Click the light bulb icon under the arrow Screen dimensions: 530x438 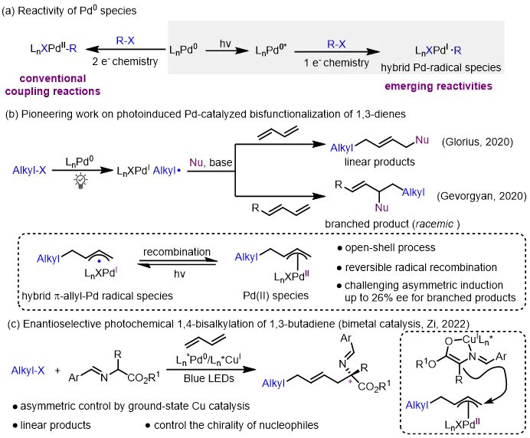[80, 181]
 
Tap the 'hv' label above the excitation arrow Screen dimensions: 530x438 [225, 43]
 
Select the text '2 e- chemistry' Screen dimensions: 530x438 [125, 61]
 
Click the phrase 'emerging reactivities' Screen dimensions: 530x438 [438, 87]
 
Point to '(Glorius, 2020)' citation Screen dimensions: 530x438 [477, 142]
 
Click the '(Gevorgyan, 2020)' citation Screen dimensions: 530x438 [482, 196]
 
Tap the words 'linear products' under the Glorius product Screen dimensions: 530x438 [380, 162]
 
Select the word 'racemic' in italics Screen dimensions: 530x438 [434, 224]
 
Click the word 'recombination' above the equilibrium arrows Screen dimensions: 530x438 [177, 252]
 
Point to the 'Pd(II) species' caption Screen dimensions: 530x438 [276, 296]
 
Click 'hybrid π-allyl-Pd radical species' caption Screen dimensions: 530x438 [97, 296]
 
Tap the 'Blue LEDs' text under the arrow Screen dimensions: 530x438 [209, 378]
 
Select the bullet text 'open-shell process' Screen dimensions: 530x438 [390, 248]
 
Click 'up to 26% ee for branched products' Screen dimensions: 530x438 [430, 297]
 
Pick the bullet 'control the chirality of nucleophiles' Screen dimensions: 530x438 [236, 425]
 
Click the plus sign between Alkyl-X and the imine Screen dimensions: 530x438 [57, 371]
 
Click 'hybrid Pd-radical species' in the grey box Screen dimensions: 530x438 [440, 67]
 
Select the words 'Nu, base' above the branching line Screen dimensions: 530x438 [211, 162]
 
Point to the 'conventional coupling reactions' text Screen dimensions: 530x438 [53, 85]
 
